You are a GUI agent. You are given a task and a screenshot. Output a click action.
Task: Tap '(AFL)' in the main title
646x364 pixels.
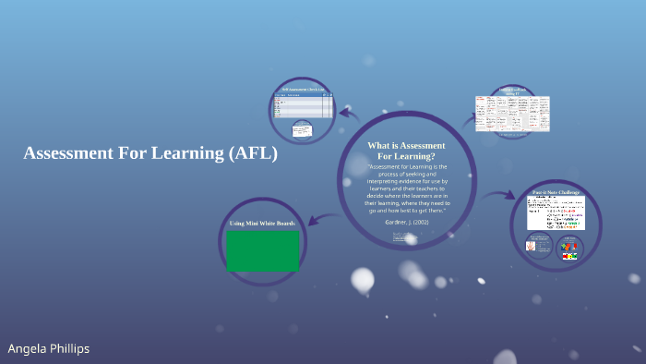point(251,153)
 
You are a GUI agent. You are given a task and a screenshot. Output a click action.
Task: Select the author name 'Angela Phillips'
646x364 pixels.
point(49,348)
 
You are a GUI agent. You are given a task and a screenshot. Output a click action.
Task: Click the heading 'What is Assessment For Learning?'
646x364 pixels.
point(406,151)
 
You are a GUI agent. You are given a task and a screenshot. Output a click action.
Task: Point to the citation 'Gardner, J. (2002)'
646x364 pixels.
point(406,223)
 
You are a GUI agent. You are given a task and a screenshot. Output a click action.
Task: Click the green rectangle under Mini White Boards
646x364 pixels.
point(262,250)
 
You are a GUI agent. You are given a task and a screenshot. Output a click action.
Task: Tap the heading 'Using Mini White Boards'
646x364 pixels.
point(262,224)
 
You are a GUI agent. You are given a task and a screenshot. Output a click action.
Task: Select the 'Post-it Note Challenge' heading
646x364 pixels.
point(556,192)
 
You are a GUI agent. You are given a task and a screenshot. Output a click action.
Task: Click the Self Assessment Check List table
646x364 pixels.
point(304,105)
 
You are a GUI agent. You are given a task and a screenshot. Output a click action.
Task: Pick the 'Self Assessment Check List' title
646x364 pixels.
point(304,89)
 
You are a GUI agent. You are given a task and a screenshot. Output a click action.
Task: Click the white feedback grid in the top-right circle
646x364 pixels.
point(512,113)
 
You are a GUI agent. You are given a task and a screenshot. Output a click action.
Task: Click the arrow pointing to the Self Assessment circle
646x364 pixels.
point(349,114)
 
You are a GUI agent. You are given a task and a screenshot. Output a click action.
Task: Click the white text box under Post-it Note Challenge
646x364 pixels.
point(556,213)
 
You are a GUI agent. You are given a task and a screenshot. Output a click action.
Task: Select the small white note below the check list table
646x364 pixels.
point(301,129)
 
